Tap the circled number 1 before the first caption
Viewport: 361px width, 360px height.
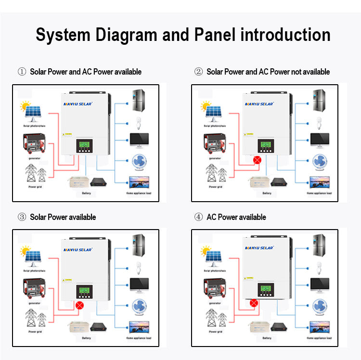22,72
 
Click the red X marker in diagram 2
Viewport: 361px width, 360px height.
258,159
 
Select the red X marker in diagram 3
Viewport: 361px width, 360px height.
80,305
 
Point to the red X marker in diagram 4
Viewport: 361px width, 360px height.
254,303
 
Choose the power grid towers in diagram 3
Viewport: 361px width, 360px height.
36,318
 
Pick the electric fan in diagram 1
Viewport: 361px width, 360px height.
140,161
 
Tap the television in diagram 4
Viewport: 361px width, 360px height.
320,327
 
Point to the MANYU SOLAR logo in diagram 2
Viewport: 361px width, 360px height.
259,103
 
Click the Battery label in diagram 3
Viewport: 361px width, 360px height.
86,338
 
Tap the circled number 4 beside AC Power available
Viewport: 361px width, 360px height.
198,217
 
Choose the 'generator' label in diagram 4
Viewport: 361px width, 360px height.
215,303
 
